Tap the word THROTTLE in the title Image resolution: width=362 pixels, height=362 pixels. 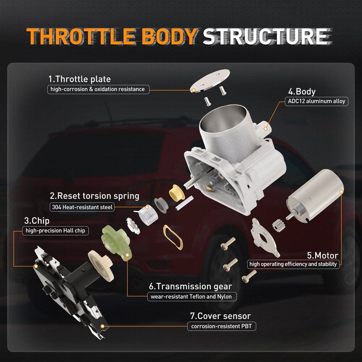click(x=81, y=37)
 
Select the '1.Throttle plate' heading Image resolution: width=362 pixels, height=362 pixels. click(x=79, y=79)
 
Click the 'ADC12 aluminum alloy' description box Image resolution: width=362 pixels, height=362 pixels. click(x=316, y=101)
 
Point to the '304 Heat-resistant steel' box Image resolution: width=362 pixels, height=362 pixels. click(x=82, y=207)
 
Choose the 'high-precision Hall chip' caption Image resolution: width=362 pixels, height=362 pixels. click(x=55, y=231)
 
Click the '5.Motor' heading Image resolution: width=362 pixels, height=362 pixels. click(x=323, y=255)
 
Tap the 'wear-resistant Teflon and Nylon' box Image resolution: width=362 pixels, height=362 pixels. click(x=192, y=296)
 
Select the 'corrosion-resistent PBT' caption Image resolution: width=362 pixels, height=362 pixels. click(x=222, y=326)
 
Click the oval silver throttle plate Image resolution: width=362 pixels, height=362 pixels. click(x=210, y=81)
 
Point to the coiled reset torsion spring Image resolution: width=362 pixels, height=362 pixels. click(x=148, y=215)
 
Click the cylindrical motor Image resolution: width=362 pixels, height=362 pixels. click(x=315, y=195)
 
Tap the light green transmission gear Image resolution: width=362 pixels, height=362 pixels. click(x=116, y=243)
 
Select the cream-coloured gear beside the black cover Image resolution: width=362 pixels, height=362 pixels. click(x=101, y=265)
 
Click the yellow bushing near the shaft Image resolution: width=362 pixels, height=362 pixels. click(x=177, y=193)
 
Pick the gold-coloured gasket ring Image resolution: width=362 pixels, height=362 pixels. click(x=173, y=237)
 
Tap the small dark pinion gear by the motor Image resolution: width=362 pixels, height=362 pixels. click(x=279, y=225)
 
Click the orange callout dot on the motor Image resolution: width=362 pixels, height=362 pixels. click(x=341, y=191)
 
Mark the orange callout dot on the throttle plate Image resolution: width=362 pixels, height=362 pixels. click(x=193, y=90)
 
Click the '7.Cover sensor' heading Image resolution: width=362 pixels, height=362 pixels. click(x=220, y=316)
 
